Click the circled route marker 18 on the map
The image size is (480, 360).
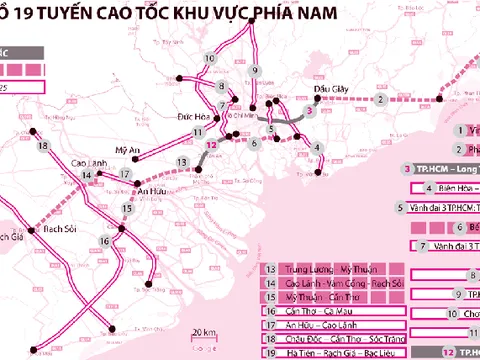tap(42, 147)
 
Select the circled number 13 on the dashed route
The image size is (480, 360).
tap(182, 162)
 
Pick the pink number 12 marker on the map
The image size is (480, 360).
tap(211, 146)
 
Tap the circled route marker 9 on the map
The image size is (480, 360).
tap(255, 70)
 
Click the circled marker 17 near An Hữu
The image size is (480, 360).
tap(125, 174)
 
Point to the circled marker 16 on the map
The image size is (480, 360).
tap(106, 242)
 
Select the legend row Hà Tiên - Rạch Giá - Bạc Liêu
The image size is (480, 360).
tap(334, 353)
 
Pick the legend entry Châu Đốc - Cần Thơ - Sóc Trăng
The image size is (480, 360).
tap(334, 340)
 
